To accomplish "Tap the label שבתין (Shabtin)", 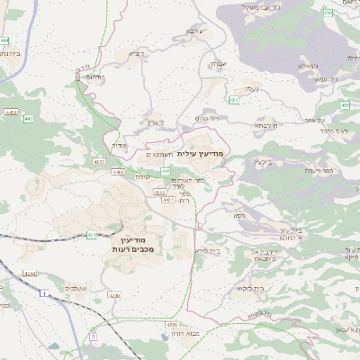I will coord(220,64).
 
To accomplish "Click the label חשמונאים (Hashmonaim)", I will coord(158,154).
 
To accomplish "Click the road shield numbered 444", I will coord(5,40).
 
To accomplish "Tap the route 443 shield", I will coord(29,118).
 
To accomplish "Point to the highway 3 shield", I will coord(92,337).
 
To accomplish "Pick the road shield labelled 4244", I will coord(29,274).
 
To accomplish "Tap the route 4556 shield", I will coord(171,323).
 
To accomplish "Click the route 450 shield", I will coord(328,13).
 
